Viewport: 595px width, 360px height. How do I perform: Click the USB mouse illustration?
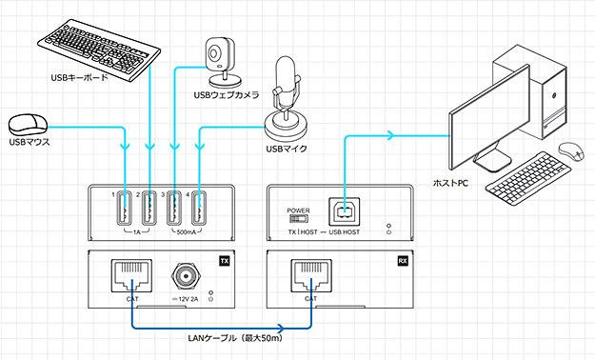pos(29,124)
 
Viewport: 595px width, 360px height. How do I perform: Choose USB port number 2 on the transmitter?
pos(149,210)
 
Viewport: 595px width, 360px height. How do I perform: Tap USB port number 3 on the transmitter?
pos(173,210)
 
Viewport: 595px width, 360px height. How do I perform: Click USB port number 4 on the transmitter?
pos(197,210)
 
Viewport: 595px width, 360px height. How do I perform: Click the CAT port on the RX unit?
pos(309,276)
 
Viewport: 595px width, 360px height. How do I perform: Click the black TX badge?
pos(225,260)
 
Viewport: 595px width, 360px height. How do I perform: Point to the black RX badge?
pos(402,260)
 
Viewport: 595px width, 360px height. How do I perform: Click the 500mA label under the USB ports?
pos(186,232)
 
